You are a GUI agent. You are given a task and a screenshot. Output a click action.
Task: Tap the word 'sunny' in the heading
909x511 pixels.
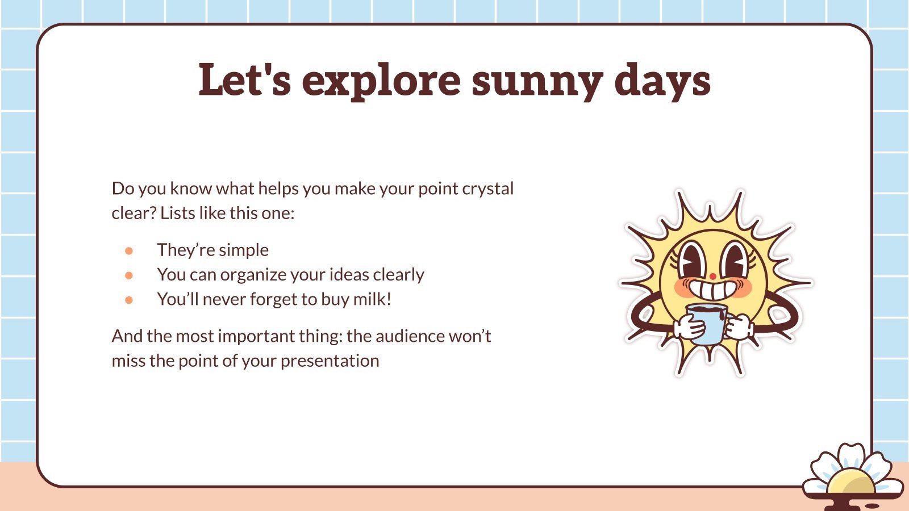[536, 80]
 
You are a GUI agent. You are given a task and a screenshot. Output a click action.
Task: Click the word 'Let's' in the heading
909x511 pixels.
[245, 80]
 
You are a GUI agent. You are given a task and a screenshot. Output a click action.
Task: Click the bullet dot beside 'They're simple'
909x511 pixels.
[129, 250]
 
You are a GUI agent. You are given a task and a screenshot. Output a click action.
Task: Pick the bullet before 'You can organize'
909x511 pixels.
[129, 275]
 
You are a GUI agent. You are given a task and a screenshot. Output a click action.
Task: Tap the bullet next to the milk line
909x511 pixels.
[129, 300]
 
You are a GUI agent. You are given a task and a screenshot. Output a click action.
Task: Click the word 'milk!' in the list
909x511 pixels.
[372, 299]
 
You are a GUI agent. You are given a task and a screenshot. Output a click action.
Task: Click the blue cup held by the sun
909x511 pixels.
[706, 325]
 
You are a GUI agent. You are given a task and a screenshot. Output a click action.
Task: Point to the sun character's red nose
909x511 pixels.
[712, 277]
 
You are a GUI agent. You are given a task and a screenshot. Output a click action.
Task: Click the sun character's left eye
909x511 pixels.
[692, 258]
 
